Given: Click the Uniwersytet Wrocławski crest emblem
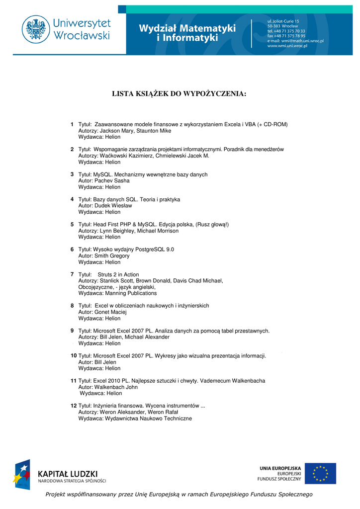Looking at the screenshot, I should coord(35,28).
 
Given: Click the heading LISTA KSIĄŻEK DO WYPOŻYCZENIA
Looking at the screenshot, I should coord(179,93).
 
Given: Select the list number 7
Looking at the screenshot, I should coord(73,274).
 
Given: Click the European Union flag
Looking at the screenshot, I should coord(320,473).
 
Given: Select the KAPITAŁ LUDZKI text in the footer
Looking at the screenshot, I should coord(68,473).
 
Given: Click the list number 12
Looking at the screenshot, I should coord(73,406).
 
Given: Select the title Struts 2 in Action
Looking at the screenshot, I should coord(118,274).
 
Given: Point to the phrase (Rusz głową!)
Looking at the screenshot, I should coord(213,225).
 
